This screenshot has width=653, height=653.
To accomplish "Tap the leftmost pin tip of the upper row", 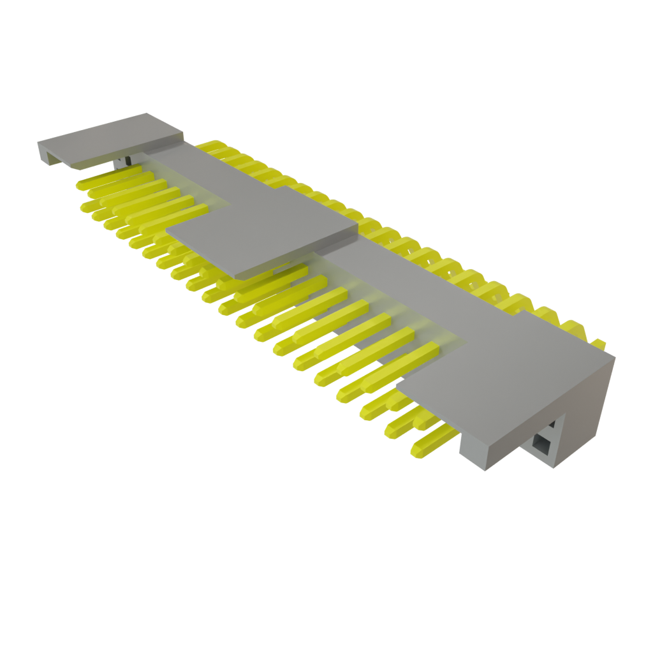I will [81, 186].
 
